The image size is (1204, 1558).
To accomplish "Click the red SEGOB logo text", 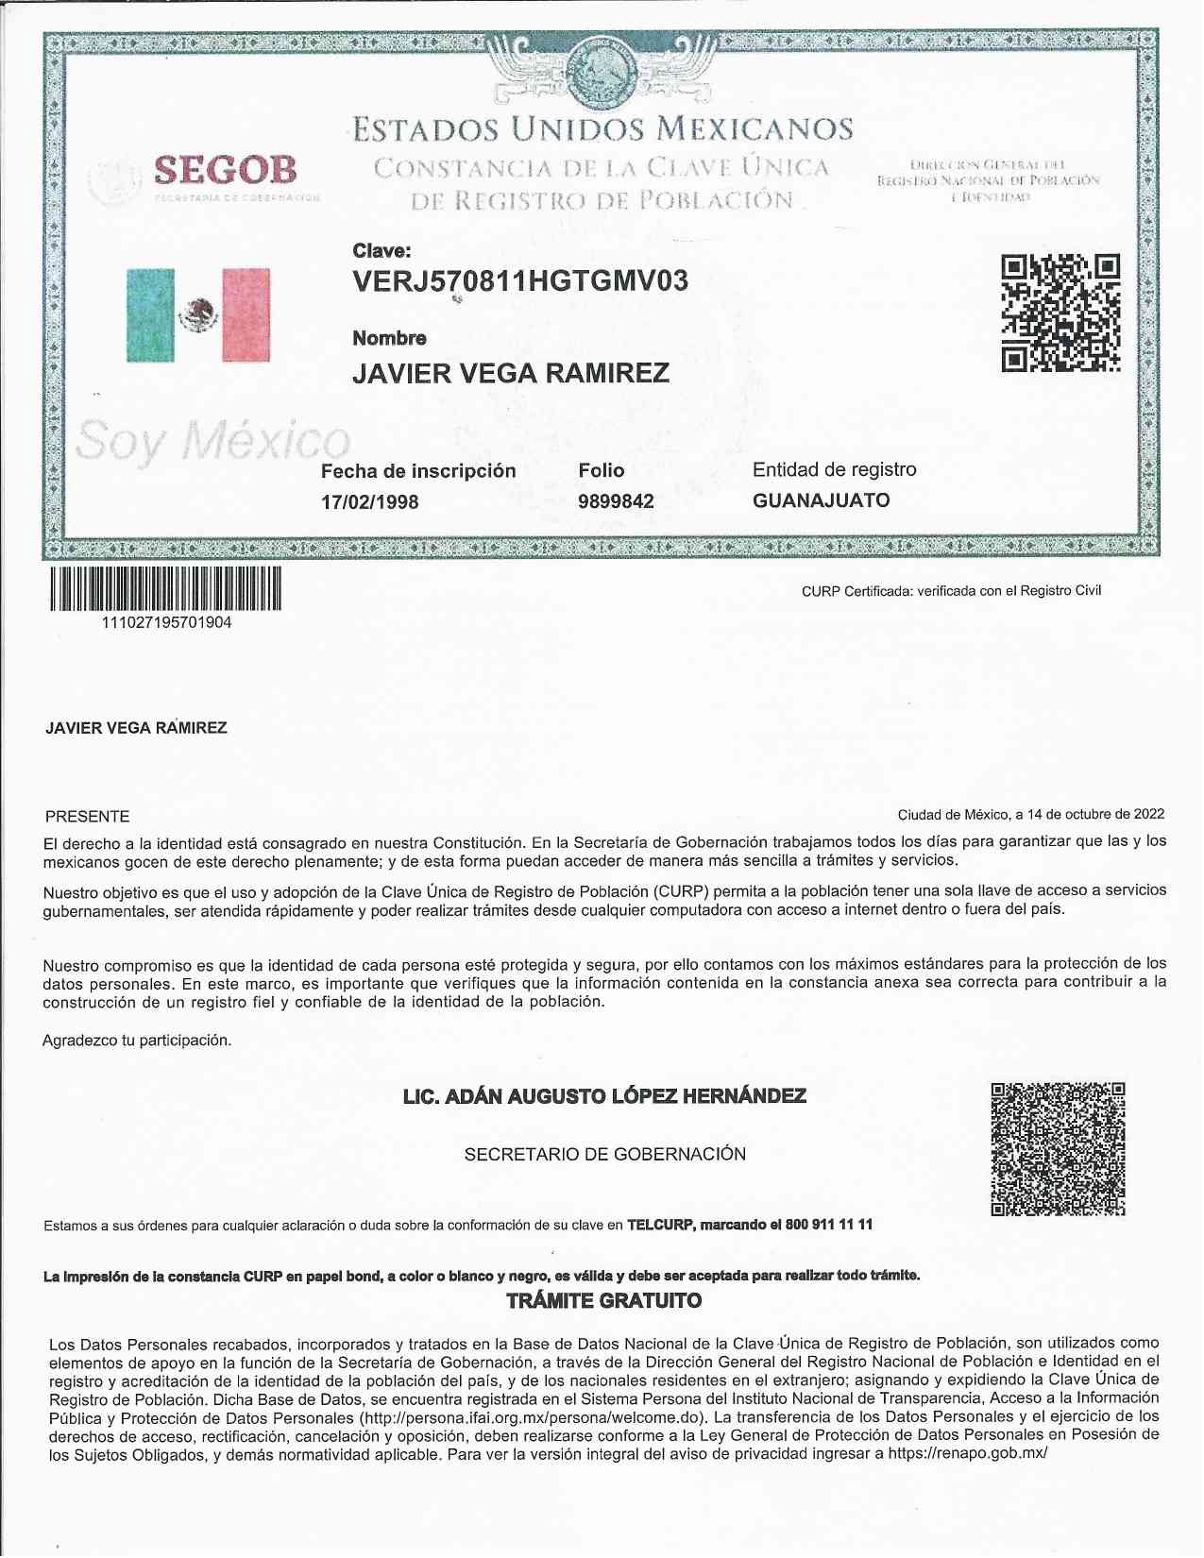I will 226,170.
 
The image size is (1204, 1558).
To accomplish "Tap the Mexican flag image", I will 198,314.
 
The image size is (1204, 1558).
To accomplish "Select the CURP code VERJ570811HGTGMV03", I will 519,281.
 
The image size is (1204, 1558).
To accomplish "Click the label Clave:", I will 382,251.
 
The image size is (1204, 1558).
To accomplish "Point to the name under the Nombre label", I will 511,373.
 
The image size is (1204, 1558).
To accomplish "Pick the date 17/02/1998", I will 369,501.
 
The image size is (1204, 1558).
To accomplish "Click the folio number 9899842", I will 616,501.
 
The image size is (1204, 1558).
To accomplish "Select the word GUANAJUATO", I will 821,500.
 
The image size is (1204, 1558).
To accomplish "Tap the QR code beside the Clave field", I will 1060,313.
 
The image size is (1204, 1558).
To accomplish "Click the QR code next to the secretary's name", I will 1058,1149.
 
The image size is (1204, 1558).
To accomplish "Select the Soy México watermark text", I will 212,441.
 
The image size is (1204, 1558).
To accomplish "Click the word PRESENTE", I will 88,817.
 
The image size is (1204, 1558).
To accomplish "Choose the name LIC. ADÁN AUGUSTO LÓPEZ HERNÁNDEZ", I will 604,1096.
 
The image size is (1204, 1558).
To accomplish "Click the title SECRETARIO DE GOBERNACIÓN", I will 604,1154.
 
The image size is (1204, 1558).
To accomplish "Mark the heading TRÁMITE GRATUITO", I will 604,1301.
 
